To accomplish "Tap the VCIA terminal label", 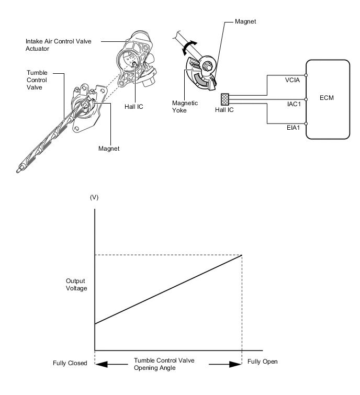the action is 292,80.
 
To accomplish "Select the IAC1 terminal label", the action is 294,104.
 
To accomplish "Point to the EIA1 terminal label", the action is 293,128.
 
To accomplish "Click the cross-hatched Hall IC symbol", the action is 225,99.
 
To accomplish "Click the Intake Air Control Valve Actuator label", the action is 59,45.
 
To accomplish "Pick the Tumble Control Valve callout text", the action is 37,80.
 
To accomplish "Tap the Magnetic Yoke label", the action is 185,107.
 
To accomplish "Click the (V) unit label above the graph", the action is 94,197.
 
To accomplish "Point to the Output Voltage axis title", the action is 76,285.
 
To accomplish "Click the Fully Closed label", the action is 70,363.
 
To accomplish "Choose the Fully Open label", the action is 262,362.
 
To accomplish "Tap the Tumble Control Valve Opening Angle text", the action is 164,364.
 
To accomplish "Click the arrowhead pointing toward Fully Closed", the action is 102,364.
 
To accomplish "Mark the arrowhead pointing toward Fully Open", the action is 235,364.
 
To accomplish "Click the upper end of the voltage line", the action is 242,255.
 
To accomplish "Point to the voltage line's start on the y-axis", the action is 95,324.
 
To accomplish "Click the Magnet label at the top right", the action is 245,21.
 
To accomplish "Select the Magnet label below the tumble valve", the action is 109,149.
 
